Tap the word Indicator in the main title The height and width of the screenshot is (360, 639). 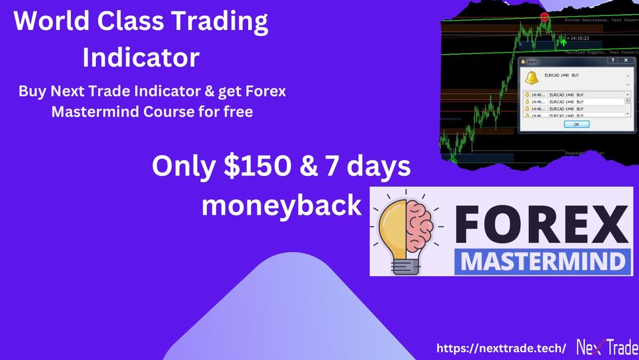click(x=141, y=57)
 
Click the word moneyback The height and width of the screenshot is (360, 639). click(x=281, y=205)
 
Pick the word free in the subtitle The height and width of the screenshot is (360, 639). click(x=238, y=112)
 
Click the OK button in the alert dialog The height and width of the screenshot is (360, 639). click(x=576, y=124)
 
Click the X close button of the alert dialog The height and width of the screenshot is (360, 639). click(x=625, y=61)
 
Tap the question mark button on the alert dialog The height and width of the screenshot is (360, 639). click(x=612, y=61)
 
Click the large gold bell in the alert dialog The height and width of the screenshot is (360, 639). click(x=532, y=77)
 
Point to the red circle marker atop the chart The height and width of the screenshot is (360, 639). click(x=544, y=16)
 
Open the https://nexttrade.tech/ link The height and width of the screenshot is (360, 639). click(x=501, y=347)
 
